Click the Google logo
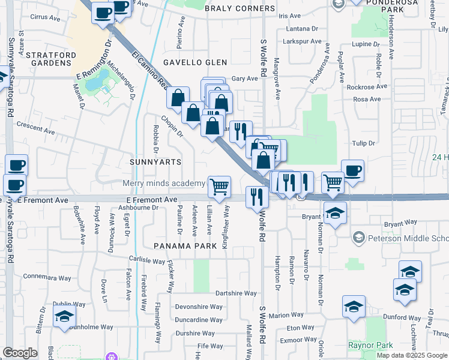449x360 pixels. (x=20, y=353)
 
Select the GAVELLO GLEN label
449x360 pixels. (x=196, y=62)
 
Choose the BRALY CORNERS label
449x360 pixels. (x=240, y=9)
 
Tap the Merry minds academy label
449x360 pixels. (x=164, y=184)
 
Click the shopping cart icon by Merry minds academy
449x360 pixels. (x=220, y=186)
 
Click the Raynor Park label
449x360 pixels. (x=371, y=345)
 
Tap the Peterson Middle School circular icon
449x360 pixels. (x=358, y=237)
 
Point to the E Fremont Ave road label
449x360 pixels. (x=151, y=199)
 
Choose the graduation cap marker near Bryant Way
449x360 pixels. (x=335, y=212)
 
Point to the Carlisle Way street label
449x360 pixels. (x=147, y=260)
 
